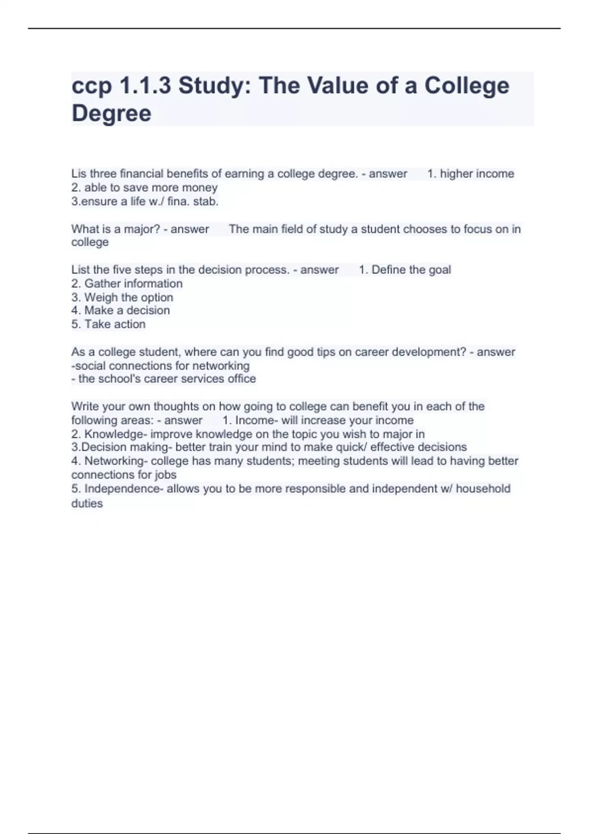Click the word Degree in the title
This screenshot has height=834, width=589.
click(111, 113)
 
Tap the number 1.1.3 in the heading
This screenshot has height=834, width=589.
click(145, 86)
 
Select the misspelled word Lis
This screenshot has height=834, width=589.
click(79, 174)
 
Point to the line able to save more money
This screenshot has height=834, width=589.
click(144, 187)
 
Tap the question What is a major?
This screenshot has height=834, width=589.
click(115, 229)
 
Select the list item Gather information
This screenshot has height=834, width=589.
click(133, 284)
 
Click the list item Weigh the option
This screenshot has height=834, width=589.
click(129, 297)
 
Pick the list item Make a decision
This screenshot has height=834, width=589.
click(127, 310)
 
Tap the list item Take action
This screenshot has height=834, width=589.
click(115, 324)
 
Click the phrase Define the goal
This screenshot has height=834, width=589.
click(411, 270)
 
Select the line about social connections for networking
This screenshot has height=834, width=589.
click(161, 365)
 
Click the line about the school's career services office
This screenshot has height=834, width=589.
click(164, 379)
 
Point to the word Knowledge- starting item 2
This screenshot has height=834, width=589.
click(115, 434)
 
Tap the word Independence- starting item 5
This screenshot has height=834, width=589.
click(124, 489)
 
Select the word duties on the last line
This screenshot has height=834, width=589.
click(87, 503)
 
